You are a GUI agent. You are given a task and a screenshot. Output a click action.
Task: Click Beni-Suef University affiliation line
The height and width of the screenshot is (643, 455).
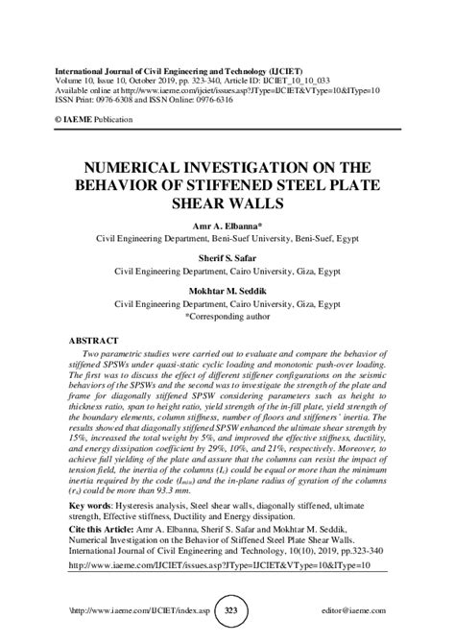[x=227, y=234]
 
